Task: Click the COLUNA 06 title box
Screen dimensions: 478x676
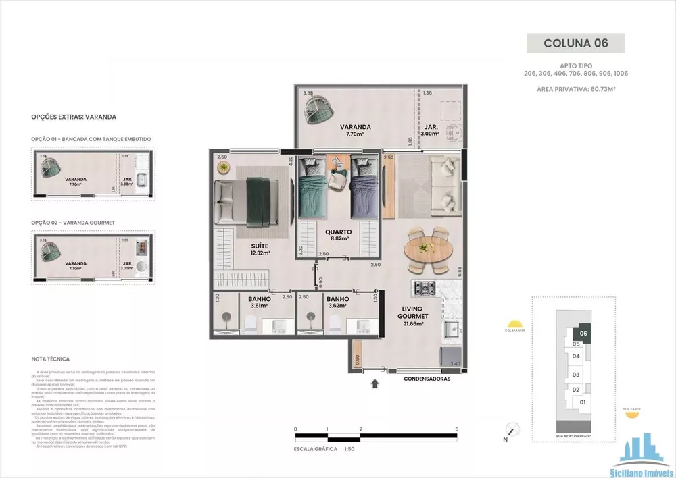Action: click(x=576, y=43)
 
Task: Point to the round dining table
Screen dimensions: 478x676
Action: click(x=427, y=249)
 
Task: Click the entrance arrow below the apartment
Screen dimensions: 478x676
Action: click(x=376, y=385)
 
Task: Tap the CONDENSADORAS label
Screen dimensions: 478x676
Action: click(x=427, y=379)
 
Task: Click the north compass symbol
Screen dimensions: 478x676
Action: click(x=514, y=429)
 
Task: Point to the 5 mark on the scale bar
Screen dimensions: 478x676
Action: click(x=458, y=429)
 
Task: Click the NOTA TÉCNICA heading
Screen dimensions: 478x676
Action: click(x=51, y=359)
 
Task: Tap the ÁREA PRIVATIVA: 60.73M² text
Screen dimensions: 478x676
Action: click(x=576, y=89)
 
